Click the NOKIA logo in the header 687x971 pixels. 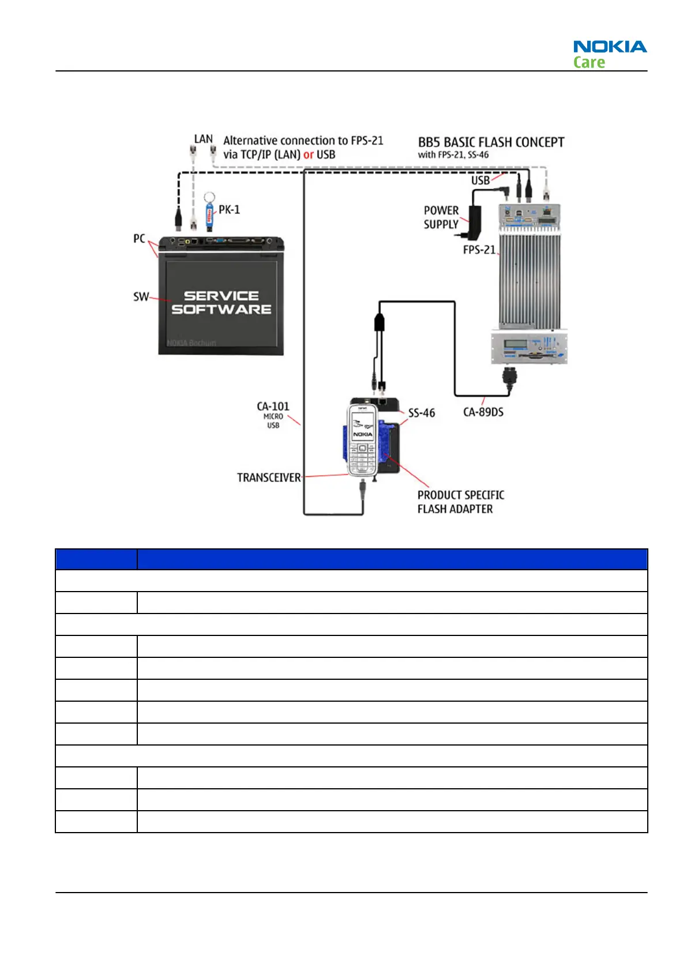[x=610, y=47]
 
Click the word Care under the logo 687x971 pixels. [x=589, y=62]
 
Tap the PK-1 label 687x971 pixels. [x=229, y=210]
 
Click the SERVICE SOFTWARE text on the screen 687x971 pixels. [x=221, y=303]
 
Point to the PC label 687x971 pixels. [x=139, y=239]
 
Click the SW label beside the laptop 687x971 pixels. [x=141, y=297]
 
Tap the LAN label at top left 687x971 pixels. [x=203, y=140]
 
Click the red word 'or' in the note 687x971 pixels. [x=309, y=155]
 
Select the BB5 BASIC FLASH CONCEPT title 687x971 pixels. [x=491, y=142]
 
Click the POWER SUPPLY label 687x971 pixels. [x=441, y=217]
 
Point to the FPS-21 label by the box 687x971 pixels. [x=479, y=250]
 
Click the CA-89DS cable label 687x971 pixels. [x=483, y=412]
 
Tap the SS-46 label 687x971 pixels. [x=422, y=413]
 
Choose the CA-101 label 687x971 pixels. [x=273, y=407]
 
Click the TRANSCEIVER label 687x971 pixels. [x=269, y=477]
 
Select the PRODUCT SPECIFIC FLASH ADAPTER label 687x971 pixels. [x=460, y=502]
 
